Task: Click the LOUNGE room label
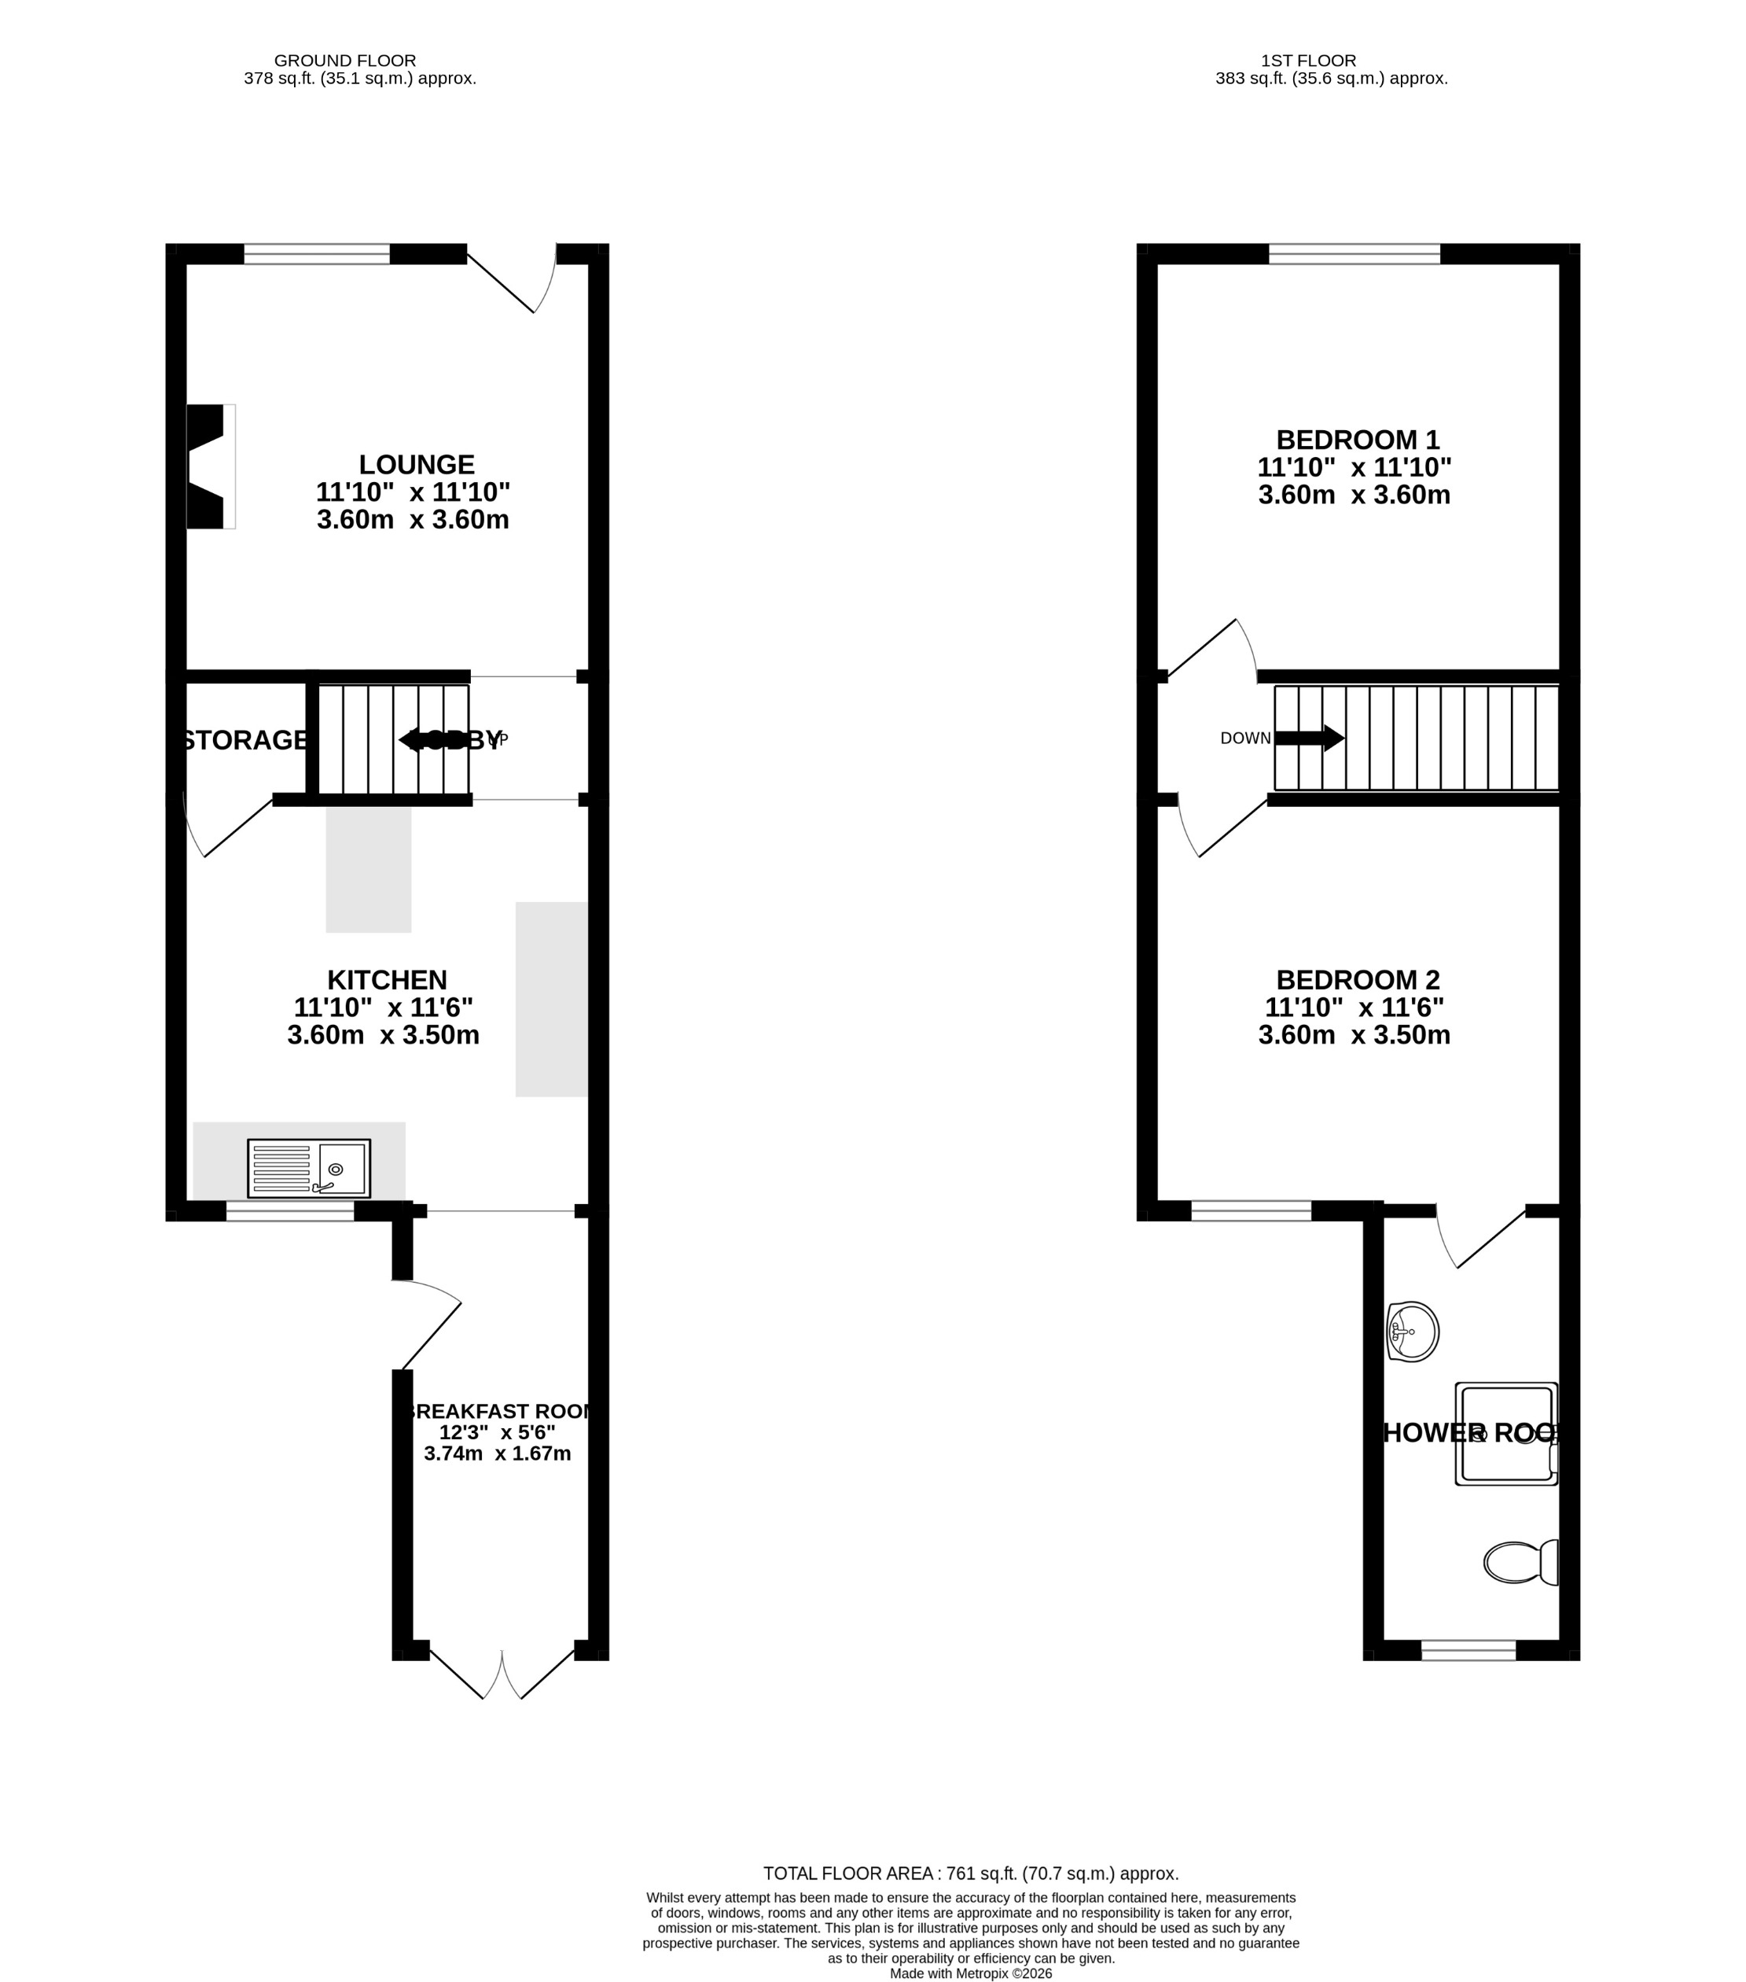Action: (x=417, y=465)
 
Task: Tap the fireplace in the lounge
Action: (x=208, y=466)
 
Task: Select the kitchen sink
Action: (x=308, y=1167)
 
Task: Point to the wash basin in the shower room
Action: (x=1413, y=1331)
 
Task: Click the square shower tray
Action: (x=1505, y=1433)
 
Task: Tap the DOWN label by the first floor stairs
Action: (x=1244, y=738)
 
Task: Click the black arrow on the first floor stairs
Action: (x=1309, y=738)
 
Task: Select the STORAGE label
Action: (x=245, y=740)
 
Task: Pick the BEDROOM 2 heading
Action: (x=1357, y=979)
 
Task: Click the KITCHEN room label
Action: (x=387, y=979)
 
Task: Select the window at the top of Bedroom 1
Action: (x=1354, y=254)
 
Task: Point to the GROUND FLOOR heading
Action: (x=345, y=60)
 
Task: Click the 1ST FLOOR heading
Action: (x=1308, y=60)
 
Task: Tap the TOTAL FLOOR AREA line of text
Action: (x=970, y=1873)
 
